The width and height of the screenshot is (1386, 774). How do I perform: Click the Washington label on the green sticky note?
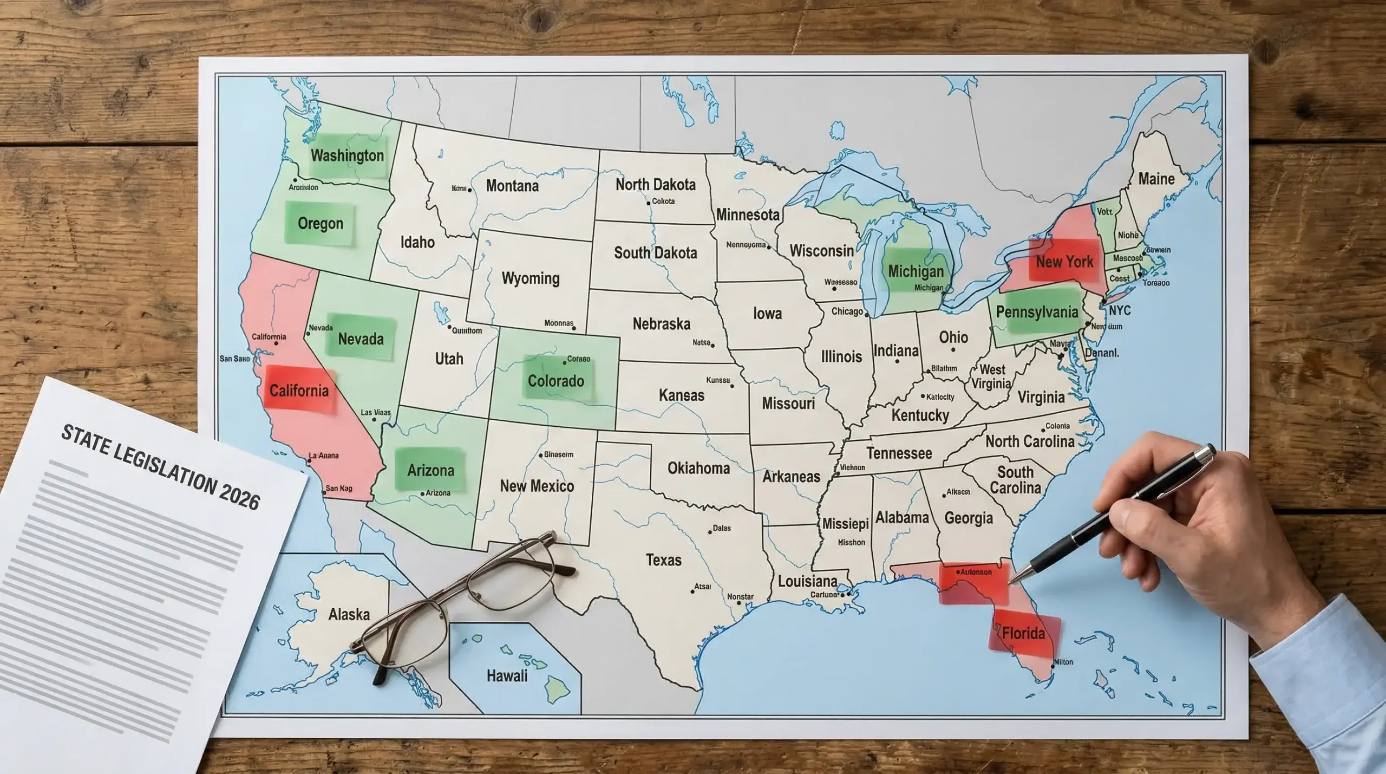(x=347, y=156)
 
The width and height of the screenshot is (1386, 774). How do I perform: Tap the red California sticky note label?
(x=299, y=391)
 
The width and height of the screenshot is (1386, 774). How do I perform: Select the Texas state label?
(x=663, y=560)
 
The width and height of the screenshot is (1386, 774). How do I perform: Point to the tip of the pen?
(x=1010, y=583)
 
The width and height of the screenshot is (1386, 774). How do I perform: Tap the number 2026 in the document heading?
(x=239, y=497)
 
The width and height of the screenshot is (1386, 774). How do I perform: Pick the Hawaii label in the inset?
(x=507, y=675)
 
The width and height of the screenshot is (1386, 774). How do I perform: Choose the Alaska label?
(x=349, y=614)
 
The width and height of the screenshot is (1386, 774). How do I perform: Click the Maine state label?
(x=1156, y=179)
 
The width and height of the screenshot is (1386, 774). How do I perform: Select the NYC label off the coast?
(x=1119, y=310)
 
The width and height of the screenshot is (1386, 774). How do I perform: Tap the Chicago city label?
(x=847, y=311)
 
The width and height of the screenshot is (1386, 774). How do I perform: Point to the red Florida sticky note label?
(x=1023, y=633)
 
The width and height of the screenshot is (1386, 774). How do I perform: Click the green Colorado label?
(x=555, y=381)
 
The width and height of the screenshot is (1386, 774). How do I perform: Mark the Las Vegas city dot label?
(x=375, y=413)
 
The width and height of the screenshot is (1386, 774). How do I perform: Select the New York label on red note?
(x=1064, y=262)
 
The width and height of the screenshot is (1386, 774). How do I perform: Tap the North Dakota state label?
(x=655, y=185)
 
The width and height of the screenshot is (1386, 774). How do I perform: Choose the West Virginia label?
(x=991, y=376)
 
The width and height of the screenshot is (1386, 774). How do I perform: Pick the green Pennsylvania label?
(x=1037, y=312)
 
